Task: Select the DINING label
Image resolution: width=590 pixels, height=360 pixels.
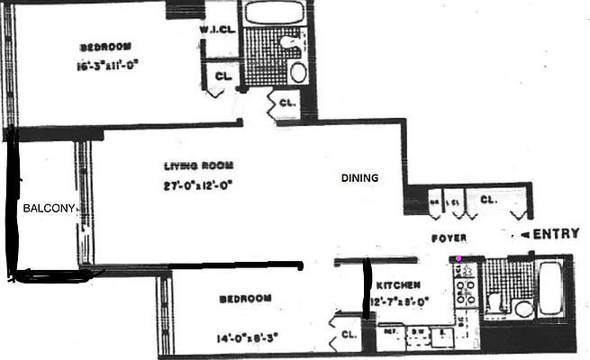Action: coord(359,177)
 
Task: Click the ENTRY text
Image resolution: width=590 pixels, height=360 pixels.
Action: coord(556,234)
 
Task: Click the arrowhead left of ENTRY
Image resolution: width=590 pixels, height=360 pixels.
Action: coord(524,235)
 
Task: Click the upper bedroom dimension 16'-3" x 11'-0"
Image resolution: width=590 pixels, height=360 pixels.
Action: coord(108,64)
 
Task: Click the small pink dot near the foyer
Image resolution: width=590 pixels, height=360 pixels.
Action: coord(458,259)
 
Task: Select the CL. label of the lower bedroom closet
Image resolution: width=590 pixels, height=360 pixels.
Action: coord(349,337)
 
